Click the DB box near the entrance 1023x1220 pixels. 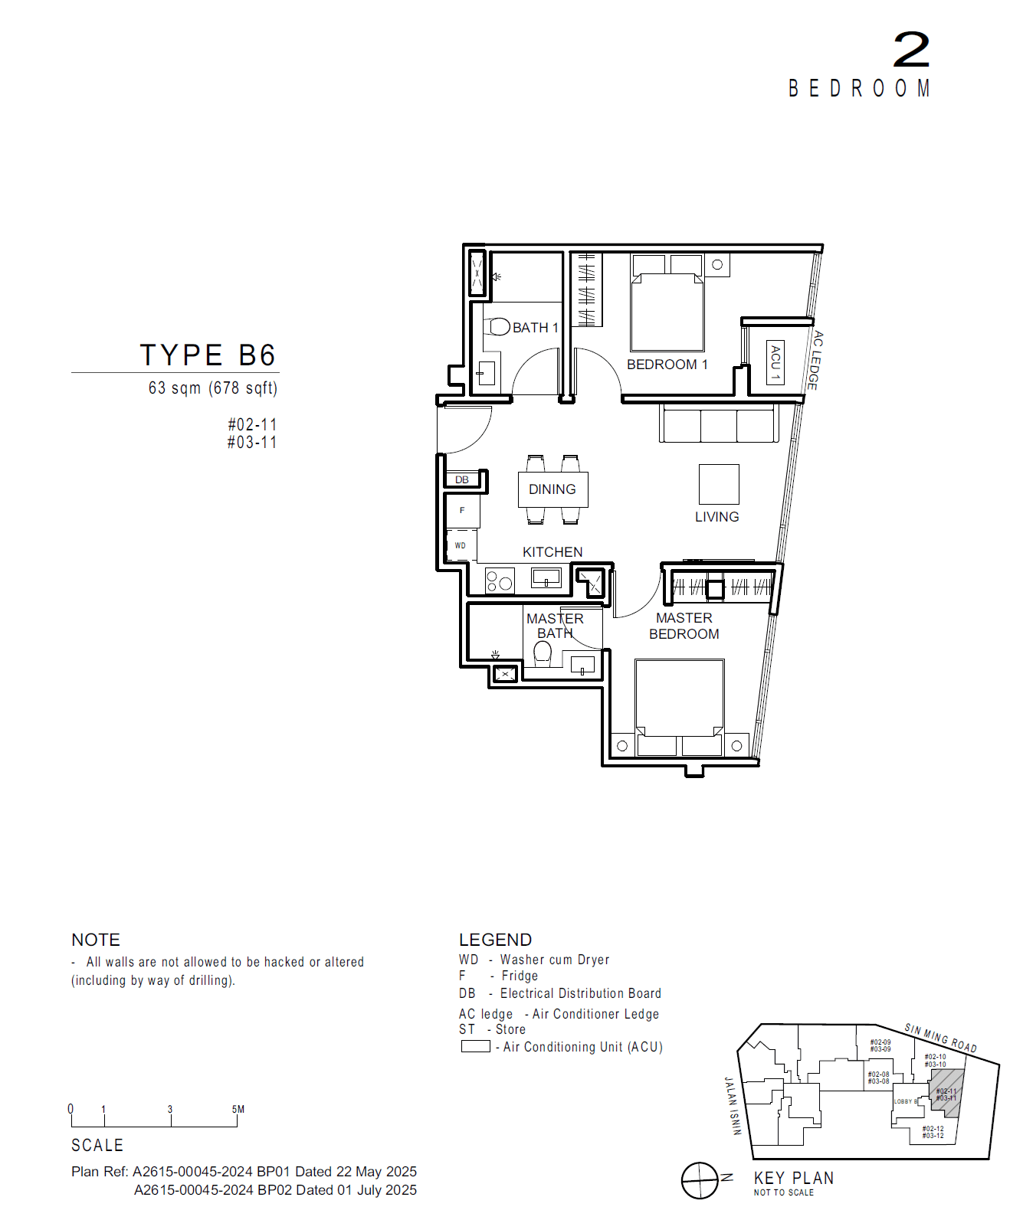(463, 480)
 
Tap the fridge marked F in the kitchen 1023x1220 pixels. (463, 510)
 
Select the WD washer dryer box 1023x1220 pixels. (461, 545)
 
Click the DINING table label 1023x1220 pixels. (552, 489)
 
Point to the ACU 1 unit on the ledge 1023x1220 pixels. (775, 362)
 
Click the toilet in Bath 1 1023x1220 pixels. (500, 327)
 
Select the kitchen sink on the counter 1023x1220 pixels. (546, 577)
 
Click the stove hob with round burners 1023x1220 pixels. (500, 581)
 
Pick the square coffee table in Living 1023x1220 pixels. (719, 484)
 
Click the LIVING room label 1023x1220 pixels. (716, 517)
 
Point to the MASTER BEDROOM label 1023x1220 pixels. (684, 626)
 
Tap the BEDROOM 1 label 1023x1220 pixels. (667, 365)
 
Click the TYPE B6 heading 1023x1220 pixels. (208, 355)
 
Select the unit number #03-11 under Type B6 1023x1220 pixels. (252, 443)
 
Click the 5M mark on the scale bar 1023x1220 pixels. (238, 1110)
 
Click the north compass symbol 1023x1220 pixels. (700, 1180)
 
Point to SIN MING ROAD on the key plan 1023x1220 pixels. (940, 1038)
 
